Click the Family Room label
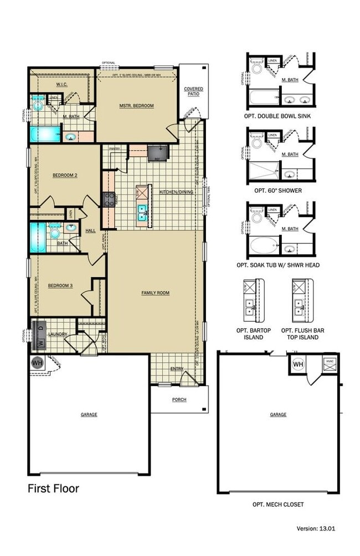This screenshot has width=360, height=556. (x=155, y=293)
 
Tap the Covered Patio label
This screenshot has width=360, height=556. (x=193, y=91)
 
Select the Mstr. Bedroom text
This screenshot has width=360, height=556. (x=136, y=105)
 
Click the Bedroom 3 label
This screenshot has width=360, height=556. (x=59, y=286)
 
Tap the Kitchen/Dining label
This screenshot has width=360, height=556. (x=176, y=192)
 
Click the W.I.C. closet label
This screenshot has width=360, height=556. (x=61, y=85)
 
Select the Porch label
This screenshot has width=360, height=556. (x=179, y=399)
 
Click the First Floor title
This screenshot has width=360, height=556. (x=53, y=488)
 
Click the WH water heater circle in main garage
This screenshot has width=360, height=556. (x=37, y=363)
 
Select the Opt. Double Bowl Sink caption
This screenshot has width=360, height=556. (x=281, y=117)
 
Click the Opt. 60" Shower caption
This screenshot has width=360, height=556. (x=278, y=191)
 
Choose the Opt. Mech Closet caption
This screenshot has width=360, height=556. (x=278, y=504)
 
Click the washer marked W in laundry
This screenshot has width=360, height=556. (x=40, y=343)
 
